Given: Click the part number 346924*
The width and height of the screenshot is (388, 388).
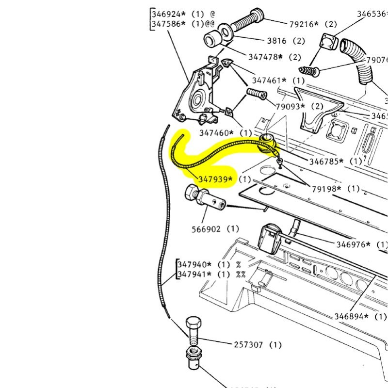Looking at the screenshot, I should (169, 14).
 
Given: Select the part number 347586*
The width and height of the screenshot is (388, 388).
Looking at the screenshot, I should (169, 23).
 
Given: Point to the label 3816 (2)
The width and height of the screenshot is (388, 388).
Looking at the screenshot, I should (286, 41).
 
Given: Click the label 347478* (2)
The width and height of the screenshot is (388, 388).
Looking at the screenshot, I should (275, 57).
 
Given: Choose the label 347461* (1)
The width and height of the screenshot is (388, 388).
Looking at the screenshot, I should (278, 81).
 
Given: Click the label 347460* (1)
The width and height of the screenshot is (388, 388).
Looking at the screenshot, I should (225, 132).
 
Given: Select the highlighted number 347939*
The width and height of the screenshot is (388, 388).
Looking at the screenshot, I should (215, 179).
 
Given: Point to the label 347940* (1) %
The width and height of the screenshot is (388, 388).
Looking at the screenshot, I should (210, 265).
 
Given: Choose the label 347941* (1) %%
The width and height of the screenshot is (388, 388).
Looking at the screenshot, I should (212, 274).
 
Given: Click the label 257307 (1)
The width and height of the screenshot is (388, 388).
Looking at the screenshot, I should (258, 345).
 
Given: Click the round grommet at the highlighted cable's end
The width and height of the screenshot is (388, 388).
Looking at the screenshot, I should (268, 143).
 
